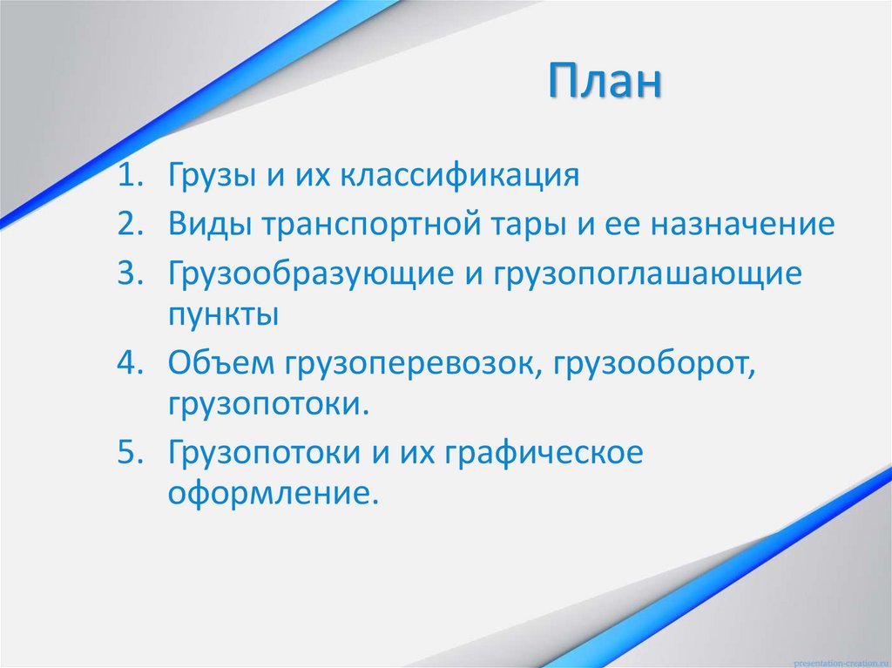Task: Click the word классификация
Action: point(459,176)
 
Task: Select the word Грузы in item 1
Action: point(210,177)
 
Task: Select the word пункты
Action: point(223,314)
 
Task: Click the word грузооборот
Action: point(663,363)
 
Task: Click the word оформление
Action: point(274,493)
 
